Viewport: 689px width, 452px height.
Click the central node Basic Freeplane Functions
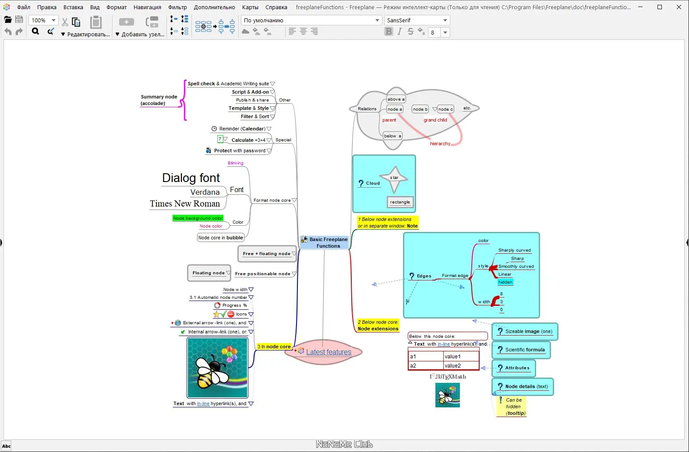pos(328,242)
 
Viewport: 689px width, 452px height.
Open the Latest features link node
pos(329,352)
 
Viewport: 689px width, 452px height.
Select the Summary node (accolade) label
pos(159,100)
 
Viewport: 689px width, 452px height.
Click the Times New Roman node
pos(185,203)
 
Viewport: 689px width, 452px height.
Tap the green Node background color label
pos(198,218)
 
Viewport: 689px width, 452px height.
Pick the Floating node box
pos(208,273)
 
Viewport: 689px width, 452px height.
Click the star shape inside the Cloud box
pos(394,178)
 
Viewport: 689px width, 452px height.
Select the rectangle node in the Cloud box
pos(400,202)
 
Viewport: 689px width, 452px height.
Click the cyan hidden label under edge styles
pos(505,282)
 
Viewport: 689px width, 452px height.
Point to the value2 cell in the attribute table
pos(460,366)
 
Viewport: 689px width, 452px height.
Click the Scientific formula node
pos(525,350)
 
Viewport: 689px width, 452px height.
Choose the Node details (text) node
pos(526,386)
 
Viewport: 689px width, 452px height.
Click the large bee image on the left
pos(217,368)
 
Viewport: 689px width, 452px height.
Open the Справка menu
pos(276,7)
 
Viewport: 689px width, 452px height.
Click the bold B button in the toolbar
pos(389,32)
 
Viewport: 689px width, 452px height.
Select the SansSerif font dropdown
pos(417,20)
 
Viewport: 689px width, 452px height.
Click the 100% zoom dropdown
pos(43,20)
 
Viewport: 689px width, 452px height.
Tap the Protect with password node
pos(239,151)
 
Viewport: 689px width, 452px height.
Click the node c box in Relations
pos(445,109)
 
